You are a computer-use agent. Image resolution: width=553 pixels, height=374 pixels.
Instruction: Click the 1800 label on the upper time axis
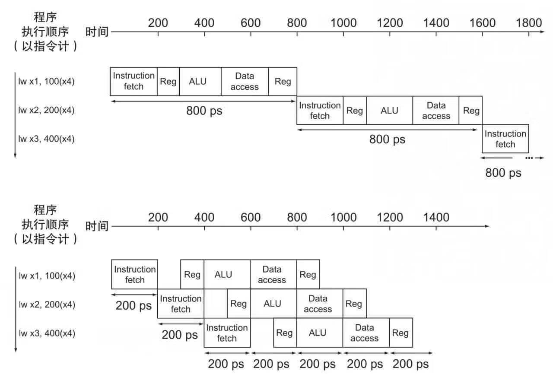(x=528, y=23)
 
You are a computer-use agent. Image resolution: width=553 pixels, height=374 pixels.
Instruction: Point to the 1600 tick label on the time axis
(x=482, y=23)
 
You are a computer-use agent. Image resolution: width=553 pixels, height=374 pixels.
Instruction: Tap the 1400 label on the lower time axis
(x=436, y=217)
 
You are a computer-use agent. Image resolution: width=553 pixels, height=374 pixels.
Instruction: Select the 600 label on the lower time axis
(x=251, y=217)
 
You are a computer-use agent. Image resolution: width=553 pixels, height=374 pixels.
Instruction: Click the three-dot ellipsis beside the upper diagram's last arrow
(x=529, y=158)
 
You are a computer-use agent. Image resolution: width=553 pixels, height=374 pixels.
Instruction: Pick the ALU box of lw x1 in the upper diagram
(x=200, y=82)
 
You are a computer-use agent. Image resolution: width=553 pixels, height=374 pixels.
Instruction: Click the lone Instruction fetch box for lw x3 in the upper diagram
(x=505, y=139)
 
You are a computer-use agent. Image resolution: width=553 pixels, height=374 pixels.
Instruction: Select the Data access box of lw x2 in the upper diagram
(x=436, y=110)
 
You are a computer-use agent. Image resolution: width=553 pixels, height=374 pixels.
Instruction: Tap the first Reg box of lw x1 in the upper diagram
(x=168, y=82)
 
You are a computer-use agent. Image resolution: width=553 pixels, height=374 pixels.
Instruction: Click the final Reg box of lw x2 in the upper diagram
(x=470, y=110)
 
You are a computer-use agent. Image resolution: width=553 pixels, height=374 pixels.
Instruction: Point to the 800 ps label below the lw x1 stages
(x=204, y=111)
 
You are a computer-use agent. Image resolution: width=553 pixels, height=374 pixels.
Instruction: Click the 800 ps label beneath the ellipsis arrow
(x=503, y=173)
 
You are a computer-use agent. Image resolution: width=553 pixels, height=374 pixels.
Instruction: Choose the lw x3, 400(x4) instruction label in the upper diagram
(x=46, y=139)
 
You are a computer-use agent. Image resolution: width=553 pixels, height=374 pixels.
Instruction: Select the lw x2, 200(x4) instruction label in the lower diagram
(x=47, y=304)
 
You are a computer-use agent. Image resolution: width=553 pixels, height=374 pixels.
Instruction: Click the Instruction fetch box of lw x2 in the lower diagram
(x=181, y=304)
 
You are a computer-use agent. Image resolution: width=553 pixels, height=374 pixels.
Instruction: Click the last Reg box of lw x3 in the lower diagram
(x=401, y=333)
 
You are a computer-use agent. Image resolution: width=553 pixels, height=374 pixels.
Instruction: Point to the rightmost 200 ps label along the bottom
(x=410, y=364)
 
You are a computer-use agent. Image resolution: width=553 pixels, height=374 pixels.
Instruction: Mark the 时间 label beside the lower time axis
(x=97, y=226)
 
